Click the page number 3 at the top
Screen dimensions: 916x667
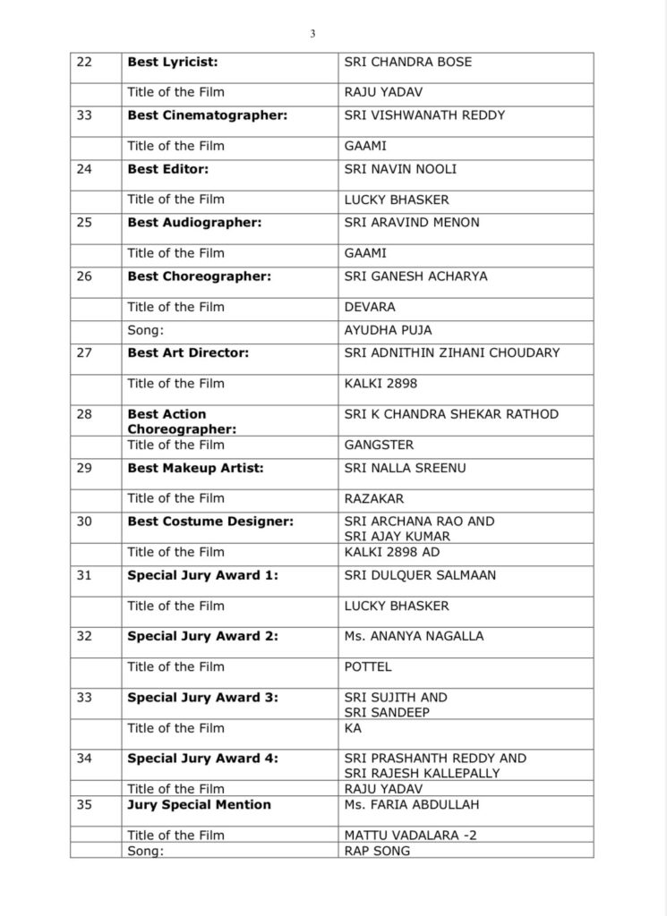312,34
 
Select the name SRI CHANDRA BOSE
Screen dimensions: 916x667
407,62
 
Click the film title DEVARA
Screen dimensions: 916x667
370,307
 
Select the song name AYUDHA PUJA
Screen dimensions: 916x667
388,330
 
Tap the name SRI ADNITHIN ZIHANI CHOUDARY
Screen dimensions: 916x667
451,352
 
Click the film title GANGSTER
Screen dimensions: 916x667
379,445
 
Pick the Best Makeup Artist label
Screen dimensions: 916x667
195,468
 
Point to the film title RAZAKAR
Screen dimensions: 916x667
374,498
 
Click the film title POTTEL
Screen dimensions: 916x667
368,666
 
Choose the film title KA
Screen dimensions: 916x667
353,728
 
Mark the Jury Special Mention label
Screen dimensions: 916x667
199,804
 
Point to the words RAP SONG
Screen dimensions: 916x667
377,851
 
